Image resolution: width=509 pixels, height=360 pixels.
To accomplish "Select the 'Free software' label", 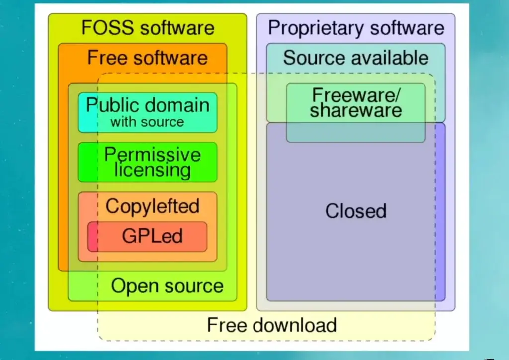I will tap(147, 58).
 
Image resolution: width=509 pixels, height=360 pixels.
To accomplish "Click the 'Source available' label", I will tap(355, 58).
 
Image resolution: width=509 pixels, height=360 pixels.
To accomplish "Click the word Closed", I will tap(355, 211).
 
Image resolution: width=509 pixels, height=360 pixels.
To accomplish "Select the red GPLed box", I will tap(147, 236).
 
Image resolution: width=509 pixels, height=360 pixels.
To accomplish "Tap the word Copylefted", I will tap(152, 206).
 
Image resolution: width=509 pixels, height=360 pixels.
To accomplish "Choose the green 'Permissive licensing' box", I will tap(147, 162).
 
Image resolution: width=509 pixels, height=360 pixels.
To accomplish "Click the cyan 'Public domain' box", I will tap(147, 113).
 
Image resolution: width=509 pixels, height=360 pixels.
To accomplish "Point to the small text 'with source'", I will tap(147, 122).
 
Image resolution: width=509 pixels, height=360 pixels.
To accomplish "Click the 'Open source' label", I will tap(167, 286).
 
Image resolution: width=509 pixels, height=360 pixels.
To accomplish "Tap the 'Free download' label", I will tap(271, 325).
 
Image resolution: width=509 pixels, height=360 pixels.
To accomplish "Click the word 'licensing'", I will tap(152, 170).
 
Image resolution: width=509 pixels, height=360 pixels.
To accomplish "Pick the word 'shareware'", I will tap(355, 110).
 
